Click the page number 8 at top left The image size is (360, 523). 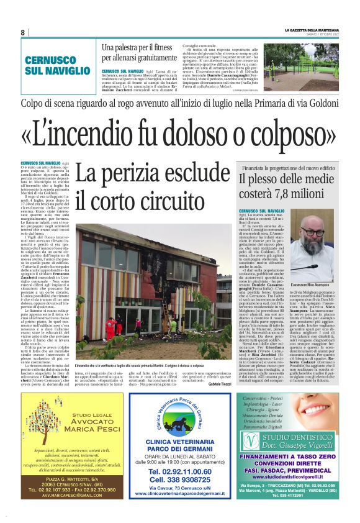(23, 32)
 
